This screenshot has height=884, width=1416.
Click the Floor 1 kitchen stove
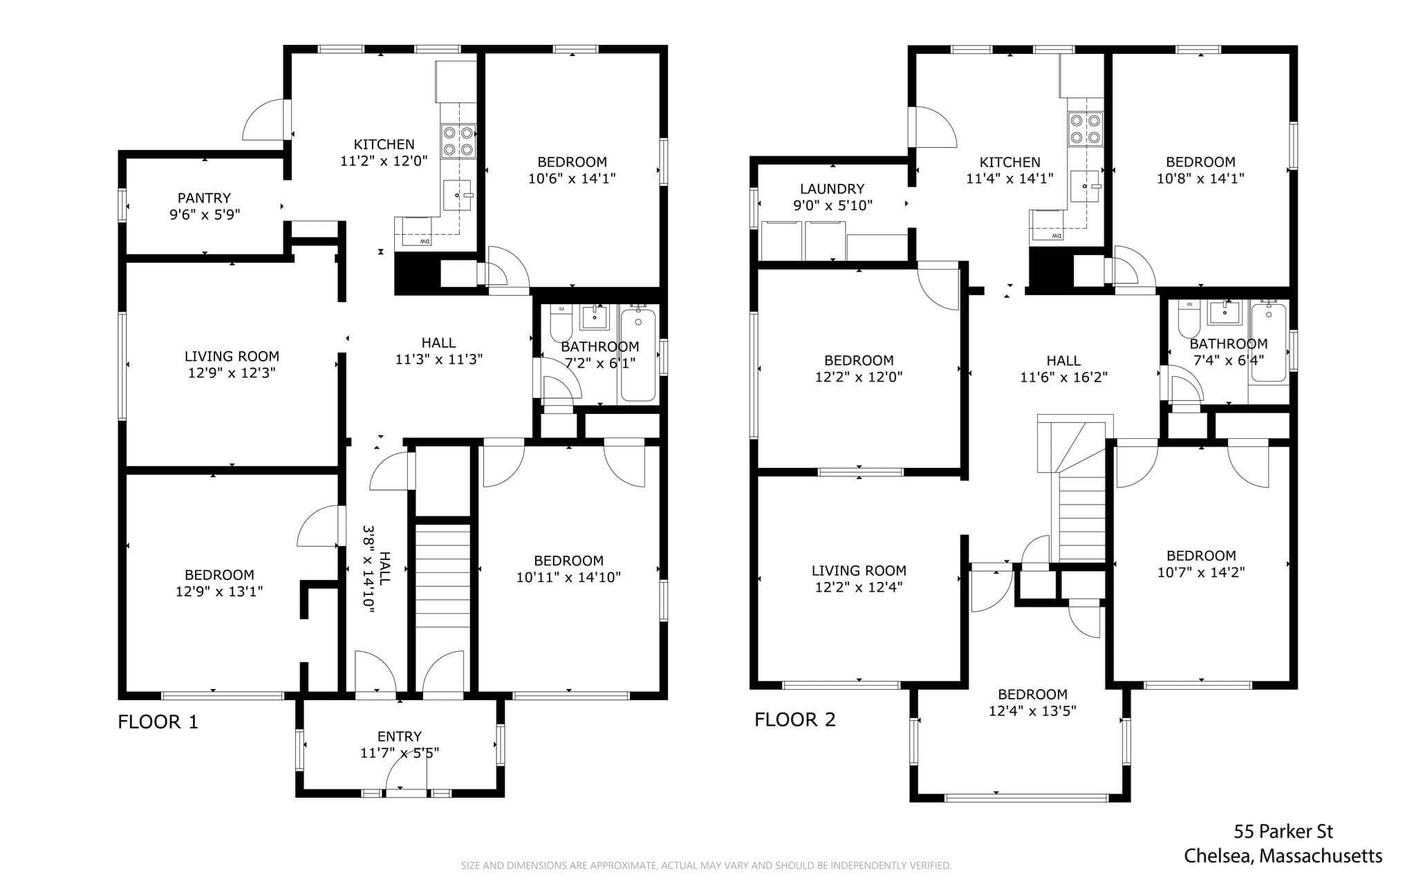point(458,140)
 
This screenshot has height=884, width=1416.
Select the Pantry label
point(204,198)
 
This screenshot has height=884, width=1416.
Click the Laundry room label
point(832,189)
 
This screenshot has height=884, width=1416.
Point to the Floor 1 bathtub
point(637,355)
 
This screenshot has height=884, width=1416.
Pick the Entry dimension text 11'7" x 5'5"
point(400,753)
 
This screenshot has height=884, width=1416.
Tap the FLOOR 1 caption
point(158,722)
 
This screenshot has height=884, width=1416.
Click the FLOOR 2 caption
point(795,720)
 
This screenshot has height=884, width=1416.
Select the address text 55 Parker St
point(1284,831)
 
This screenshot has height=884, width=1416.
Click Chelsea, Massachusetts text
point(1283,856)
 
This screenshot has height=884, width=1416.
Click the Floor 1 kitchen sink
point(457,195)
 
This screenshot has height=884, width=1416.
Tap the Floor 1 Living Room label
point(232,357)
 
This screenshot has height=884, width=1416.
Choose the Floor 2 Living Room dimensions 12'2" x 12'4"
point(859,587)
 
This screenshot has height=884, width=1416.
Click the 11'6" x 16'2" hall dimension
point(1063,377)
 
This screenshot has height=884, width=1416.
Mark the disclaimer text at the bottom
point(706,865)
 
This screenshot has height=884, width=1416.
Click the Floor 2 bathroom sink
point(1225,313)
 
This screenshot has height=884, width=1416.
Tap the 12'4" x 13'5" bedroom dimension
point(1032,711)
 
